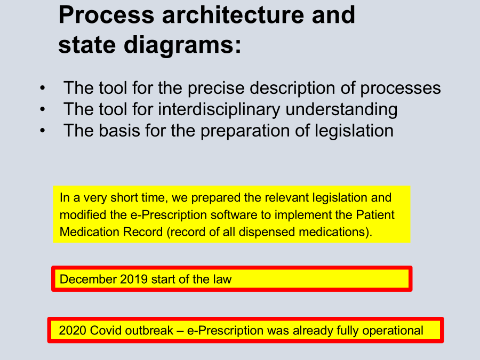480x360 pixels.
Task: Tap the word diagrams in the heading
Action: [x=182, y=45]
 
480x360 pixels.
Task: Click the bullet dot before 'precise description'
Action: [x=43, y=89]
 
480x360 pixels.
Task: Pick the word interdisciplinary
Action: [x=219, y=109]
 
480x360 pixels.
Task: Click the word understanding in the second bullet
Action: [x=341, y=109]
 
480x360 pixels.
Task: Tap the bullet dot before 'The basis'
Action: [x=43, y=131]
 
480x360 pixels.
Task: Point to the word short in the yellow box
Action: [x=124, y=198]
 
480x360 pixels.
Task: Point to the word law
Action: [x=222, y=279]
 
